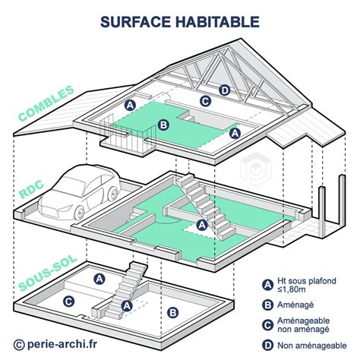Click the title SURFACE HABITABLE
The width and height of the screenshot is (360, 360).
point(180,22)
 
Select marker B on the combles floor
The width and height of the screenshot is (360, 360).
point(163,125)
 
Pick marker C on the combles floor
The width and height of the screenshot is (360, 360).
point(204,100)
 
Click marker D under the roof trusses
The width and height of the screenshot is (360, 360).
point(224,90)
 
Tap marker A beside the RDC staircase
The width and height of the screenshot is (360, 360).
point(201,225)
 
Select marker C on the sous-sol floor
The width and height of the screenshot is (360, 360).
point(68,302)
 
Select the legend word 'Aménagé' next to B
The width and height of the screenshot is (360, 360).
point(302,306)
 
